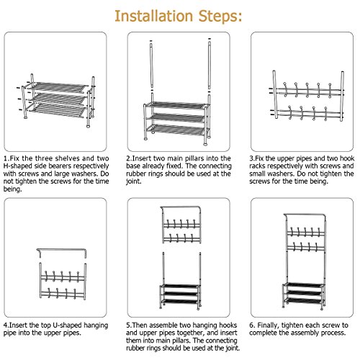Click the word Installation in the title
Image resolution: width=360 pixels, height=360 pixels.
click(x=154, y=16)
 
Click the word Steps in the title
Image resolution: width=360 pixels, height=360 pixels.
click(x=218, y=17)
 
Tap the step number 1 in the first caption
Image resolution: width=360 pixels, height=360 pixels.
click(x=6, y=158)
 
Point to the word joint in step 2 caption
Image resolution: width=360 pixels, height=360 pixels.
click(x=133, y=181)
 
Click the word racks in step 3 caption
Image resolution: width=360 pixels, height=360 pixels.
click(x=257, y=166)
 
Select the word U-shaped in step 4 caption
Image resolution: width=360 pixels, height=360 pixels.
click(x=68, y=325)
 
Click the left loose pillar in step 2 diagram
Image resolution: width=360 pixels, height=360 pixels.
click(x=151, y=66)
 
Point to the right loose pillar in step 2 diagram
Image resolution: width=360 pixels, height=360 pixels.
click(x=210, y=66)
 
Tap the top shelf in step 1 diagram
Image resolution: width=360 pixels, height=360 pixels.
click(x=59, y=87)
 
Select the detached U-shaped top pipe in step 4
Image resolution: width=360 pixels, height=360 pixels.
click(x=61, y=250)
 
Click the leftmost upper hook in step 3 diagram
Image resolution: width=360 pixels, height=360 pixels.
click(x=285, y=89)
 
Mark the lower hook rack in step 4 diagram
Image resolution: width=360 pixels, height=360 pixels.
click(x=63, y=294)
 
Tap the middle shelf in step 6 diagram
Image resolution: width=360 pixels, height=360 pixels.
click(x=305, y=293)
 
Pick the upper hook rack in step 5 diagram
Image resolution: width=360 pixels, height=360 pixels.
click(x=181, y=225)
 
